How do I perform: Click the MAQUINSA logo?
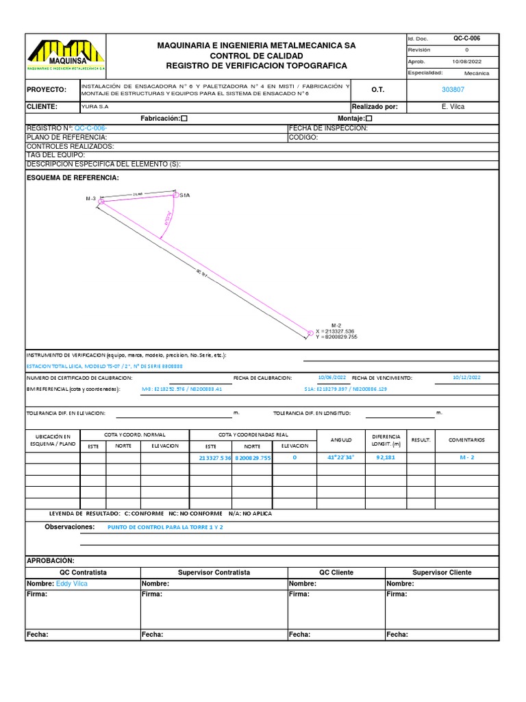[x=66, y=55]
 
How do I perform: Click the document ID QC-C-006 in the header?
[x=466, y=38]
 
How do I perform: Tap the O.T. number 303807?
[x=453, y=90]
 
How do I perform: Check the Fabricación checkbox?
[x=184, y=119]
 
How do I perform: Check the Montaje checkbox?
[x=369, y=119]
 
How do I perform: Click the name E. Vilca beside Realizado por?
[x=453, y=107]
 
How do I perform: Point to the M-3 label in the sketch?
[x=90, y=199]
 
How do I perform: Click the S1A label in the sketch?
[x=184, y=195]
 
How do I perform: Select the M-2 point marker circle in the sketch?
[x=310, y=333]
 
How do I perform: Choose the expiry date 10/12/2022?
[x=466, y=378]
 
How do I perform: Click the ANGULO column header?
[x=340, y=439]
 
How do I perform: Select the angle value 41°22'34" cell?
[x=340, y=457]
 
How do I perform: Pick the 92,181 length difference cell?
[x=386, y=457]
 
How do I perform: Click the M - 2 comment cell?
[x=466, y=457]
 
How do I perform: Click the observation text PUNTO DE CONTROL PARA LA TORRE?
[x=165, y=527]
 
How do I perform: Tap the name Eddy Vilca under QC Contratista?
[x=71, y=584]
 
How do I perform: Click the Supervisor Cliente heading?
[x=442, y=572]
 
